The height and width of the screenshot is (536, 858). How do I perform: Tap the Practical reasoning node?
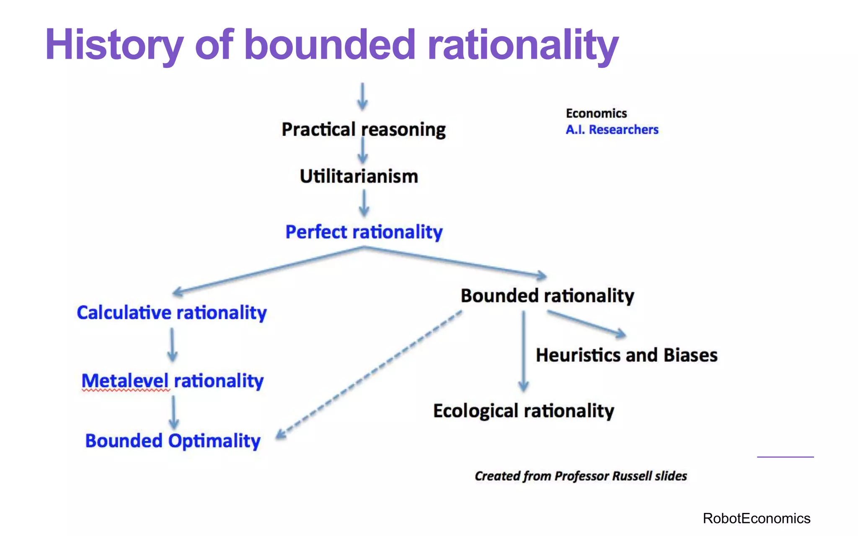[363, 129]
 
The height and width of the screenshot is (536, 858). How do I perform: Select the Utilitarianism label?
[359, 176]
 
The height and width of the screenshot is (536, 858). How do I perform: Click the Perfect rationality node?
[364, 232]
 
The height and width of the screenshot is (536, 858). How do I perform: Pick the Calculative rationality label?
[172, 313]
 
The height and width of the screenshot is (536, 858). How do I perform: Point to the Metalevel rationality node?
[172, 381]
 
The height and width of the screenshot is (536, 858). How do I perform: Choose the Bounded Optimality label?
[173, 441]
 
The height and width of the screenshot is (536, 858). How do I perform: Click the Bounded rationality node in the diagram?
[547, 296]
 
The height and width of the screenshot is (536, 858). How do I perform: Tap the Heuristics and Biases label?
[626, 355]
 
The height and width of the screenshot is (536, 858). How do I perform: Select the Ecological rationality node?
[524, 411]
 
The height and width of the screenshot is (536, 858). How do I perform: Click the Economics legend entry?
[596, 113]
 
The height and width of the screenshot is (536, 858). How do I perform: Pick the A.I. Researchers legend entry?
[612, 130]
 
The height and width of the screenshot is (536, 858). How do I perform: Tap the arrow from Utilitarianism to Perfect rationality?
[364, 203]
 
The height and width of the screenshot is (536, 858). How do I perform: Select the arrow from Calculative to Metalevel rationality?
[172, 345]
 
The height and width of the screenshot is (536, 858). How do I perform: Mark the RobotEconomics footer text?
[756, 518]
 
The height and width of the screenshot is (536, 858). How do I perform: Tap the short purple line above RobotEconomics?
[785, 457]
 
